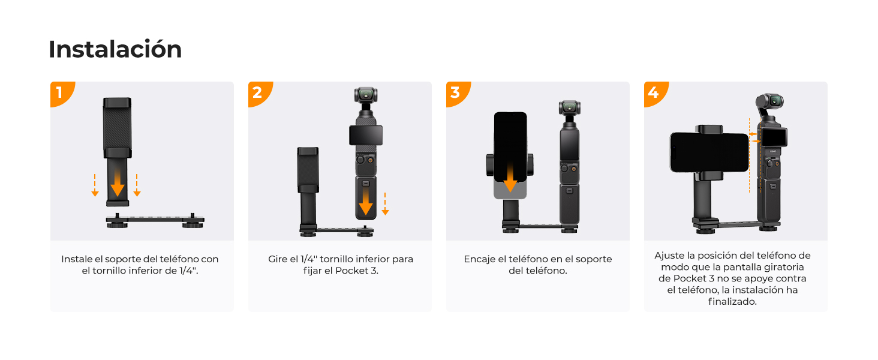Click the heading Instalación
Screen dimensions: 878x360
click(115, 49)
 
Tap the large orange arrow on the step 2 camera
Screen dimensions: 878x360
click(366, 202)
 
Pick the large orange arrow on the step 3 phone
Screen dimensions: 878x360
click(510, 178)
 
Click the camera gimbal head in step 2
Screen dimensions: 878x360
click(366, 95)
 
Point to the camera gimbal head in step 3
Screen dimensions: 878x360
click(570, 108)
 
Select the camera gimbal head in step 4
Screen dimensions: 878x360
click(770, 101)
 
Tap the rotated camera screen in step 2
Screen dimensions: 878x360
click(366, 135)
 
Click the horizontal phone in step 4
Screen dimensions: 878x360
click(709, 152)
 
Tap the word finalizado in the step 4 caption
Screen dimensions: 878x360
click(732, 302)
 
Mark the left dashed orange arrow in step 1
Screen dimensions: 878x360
click(95, 185)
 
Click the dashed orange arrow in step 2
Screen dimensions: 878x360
click(385, 203)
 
